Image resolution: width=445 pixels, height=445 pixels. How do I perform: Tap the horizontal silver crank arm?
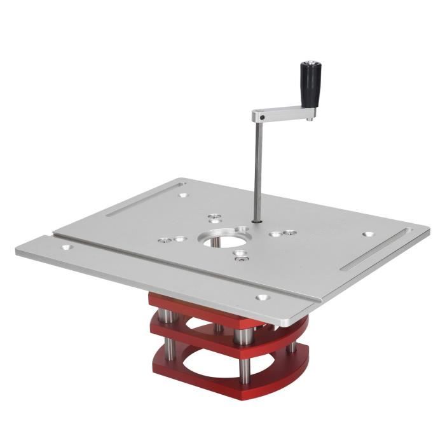[x=283, y=114]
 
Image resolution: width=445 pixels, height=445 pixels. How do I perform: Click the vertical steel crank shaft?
[x=257, y=172]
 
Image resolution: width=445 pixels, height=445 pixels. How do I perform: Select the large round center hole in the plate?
[x=218, y=240]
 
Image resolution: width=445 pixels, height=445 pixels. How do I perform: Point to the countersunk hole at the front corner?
[x=261, y=296]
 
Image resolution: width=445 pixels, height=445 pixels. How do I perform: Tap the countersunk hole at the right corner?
[x=367, y=234]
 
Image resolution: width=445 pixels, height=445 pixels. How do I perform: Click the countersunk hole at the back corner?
[x=183, y=196]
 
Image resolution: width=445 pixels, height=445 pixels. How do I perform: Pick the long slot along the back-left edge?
[x=137, y=202]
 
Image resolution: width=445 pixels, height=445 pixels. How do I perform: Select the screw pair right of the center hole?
[x=282, y=233]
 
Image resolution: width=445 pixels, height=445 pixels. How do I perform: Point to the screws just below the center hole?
[x=240, y=256]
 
